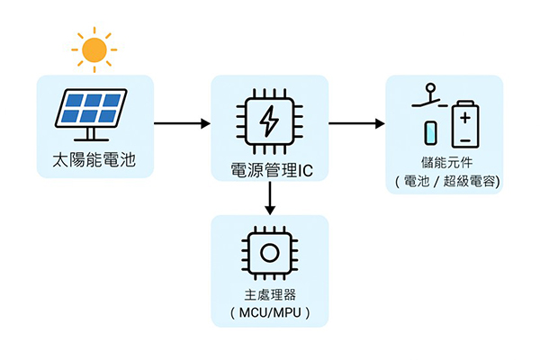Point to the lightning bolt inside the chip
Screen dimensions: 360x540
coord(269,121)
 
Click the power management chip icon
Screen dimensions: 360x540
coord(269,121)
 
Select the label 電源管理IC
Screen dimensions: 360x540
coord(270,167)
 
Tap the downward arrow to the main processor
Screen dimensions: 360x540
coord(269,197)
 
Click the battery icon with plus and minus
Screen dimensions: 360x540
coord(464,123)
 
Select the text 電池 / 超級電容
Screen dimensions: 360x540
coord(446,182)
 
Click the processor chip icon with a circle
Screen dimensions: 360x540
coord(269,251)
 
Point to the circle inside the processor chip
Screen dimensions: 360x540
coord(269,251)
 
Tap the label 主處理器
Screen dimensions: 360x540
coord(269,294)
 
